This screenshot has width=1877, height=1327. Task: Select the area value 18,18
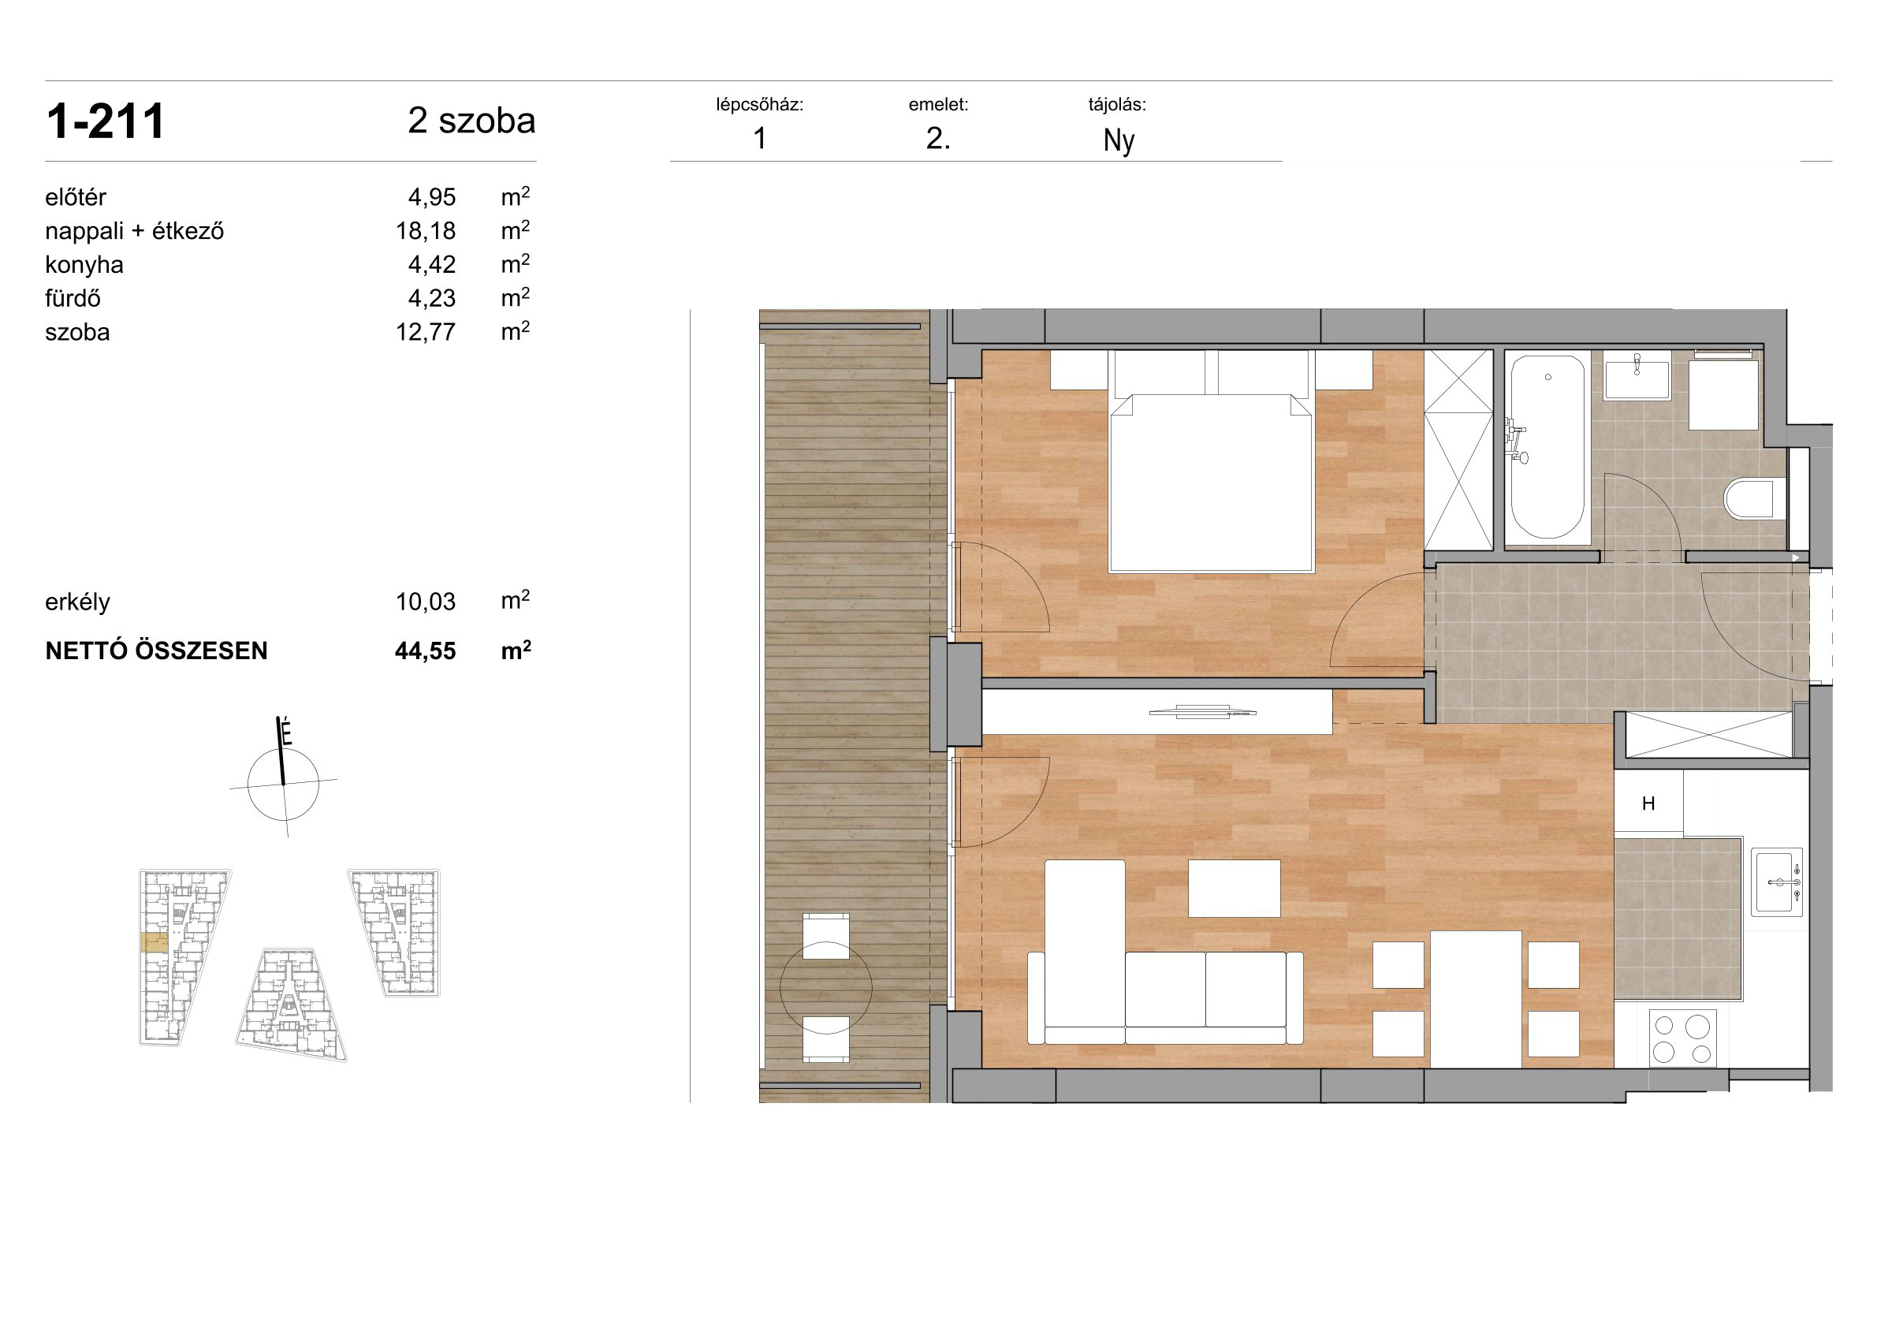(x=426, y=231)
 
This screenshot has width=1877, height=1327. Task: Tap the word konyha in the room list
(x=84, y=265)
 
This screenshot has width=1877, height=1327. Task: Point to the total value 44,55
(x=425, y=650)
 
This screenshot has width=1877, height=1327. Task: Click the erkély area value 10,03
(x=426, y=602)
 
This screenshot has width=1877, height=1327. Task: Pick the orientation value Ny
(x=1119, y=140)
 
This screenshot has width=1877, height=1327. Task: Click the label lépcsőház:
(x=759, y=105)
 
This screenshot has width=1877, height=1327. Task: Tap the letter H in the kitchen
(x=1648, y=803)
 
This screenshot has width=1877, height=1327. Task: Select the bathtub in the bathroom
(x=1547, y=447)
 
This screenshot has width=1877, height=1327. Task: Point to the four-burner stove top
(x=1682, y=1038)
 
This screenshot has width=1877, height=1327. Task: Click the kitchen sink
(x=1777, y=883)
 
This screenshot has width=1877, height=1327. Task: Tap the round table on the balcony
(x=825, y=988)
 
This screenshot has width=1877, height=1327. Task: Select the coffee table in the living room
(x=1234, y=889)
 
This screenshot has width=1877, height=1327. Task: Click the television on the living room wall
(x=1202, y=711)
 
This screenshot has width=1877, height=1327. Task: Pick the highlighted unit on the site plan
(x=155, y=943)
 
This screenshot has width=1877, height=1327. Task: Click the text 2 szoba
(x=471, y=121)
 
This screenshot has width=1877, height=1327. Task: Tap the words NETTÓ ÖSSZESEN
(x=156, y=650)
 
